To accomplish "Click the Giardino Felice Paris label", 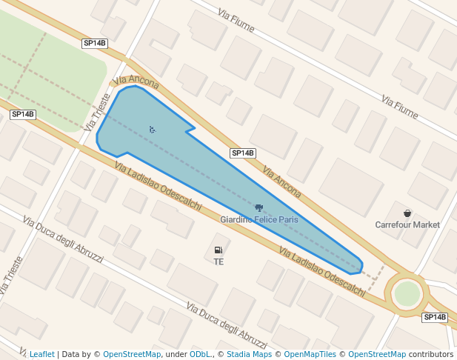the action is (x=258, y=220).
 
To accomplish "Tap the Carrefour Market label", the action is (x=407, y=224).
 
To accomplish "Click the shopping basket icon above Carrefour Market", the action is (x=407, y=213).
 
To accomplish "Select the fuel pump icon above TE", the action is (x=218, y=251).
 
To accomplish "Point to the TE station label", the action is (x=219, y=262).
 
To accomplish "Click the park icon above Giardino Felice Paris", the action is (x=258, y=208).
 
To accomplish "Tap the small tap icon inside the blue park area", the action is (x=152, y=130).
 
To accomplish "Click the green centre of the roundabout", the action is (x=407, y=293).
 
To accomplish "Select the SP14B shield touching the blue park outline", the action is (x=243, y=153).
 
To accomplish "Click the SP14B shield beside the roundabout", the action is (x=435, y=317).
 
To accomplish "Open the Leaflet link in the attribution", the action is (x=41, y=354).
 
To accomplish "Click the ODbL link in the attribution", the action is (x=199, y=354).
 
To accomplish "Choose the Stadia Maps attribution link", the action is (x=248, y=354).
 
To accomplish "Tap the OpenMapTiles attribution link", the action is (x=310, y=354).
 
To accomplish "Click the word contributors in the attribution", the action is (x=431, y=354).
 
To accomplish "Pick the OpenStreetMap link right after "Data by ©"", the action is (x=132, y=354).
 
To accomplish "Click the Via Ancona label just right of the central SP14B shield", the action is (x=282, y=181).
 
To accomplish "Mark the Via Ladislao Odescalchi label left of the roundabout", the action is (x=321, y=271).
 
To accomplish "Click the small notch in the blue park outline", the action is (x=192, y=130).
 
